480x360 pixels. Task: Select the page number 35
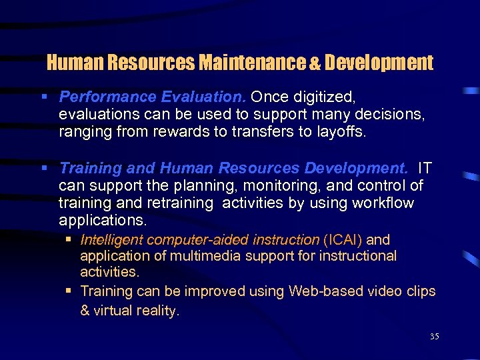click(434, 337)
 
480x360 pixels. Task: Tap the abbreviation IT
click(425, 169)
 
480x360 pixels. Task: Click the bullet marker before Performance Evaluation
click(44, 98)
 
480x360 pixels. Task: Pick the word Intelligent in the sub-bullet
click(111, 239)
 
